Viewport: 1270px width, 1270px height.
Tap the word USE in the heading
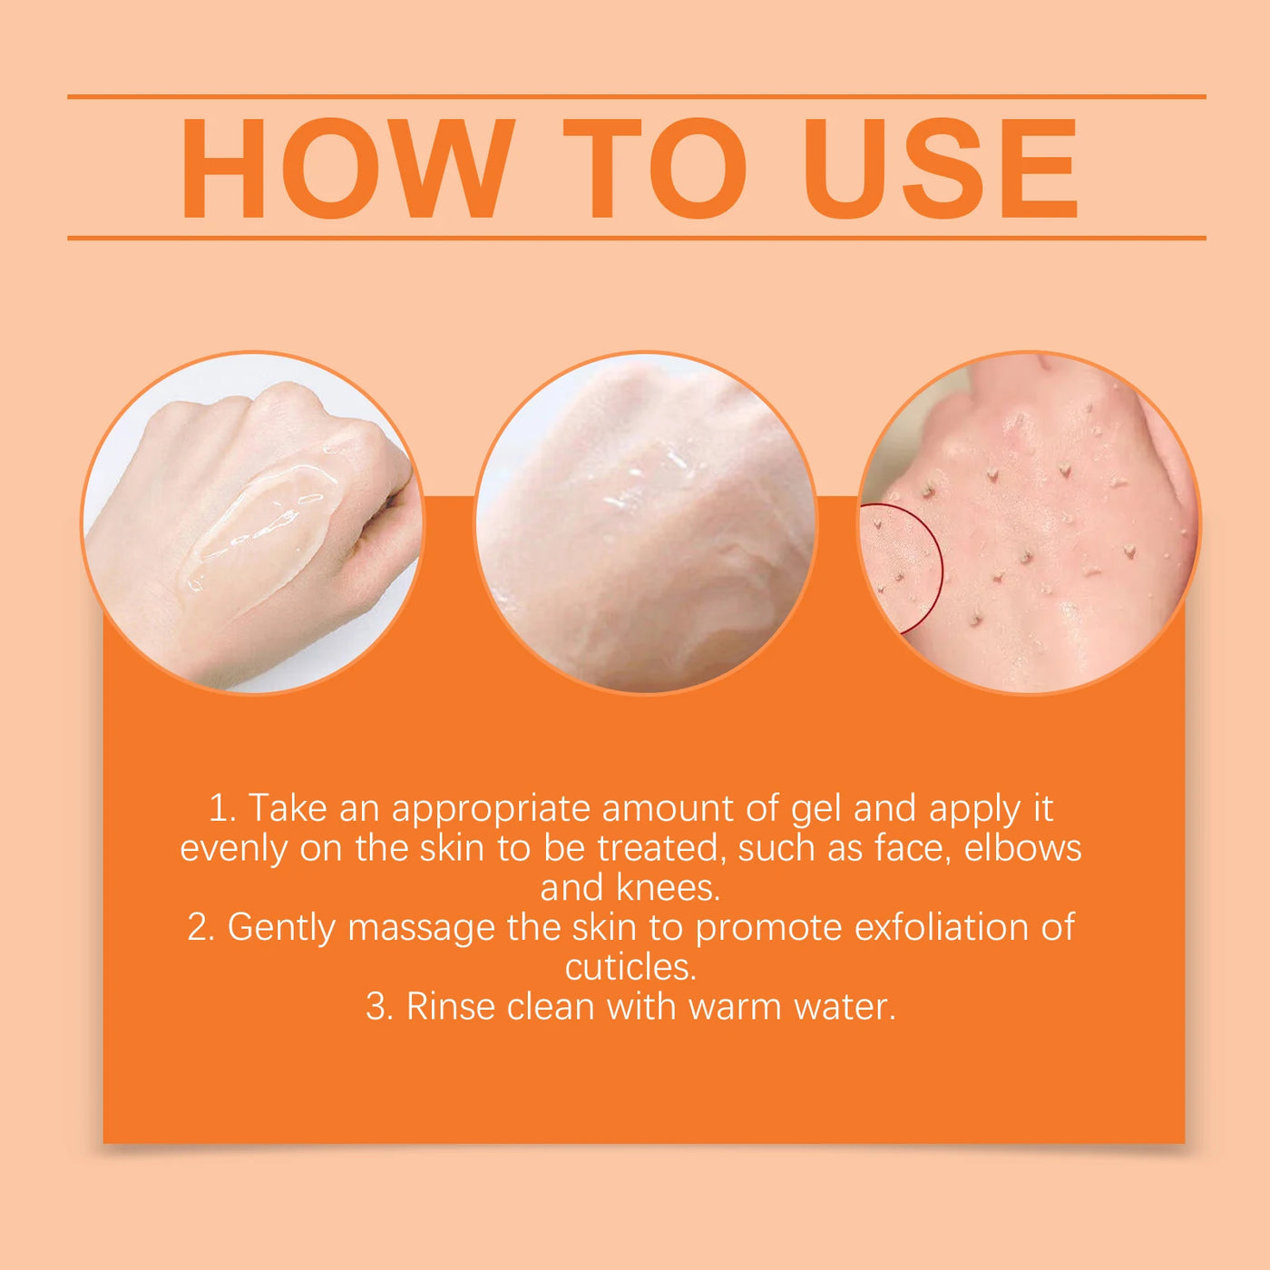click(941, 169)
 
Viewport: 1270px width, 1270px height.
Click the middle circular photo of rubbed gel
click(646, 523)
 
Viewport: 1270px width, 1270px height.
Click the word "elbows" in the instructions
click(1022, 848)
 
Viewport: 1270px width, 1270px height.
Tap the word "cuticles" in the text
click(630, 967)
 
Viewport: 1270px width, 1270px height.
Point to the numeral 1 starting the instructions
click(219, 809)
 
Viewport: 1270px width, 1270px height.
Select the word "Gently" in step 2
click(281, 928)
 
